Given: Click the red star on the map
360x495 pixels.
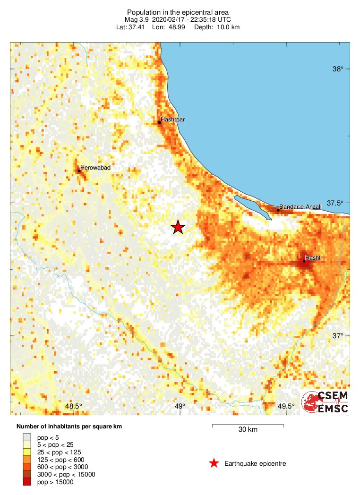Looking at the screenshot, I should (x=178, y=227).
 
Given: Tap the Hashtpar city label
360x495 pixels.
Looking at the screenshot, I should (x=172, y=119).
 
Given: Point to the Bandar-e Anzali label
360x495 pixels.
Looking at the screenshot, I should (x=300, y=207).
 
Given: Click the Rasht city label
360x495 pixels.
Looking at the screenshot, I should (x=313, y=258).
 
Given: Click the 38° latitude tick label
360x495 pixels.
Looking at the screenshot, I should (x=337, y=69).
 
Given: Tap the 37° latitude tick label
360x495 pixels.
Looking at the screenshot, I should (x=337, y=336).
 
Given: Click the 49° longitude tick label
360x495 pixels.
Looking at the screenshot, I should (x=180, y=406).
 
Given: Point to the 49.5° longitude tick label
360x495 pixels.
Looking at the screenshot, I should (x=286, y=406).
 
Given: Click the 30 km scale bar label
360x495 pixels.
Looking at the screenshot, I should (x=248, y=430).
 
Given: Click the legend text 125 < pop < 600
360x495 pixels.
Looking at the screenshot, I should (x=59, y=460).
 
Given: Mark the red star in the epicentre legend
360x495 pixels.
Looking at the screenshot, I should (x=214, y=463).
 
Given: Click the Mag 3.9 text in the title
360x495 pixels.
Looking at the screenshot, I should (x=136, y=20).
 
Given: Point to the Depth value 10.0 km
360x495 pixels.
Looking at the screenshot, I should (x=228, y=27).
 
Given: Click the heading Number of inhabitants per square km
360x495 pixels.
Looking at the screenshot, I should (x=69, y=427).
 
